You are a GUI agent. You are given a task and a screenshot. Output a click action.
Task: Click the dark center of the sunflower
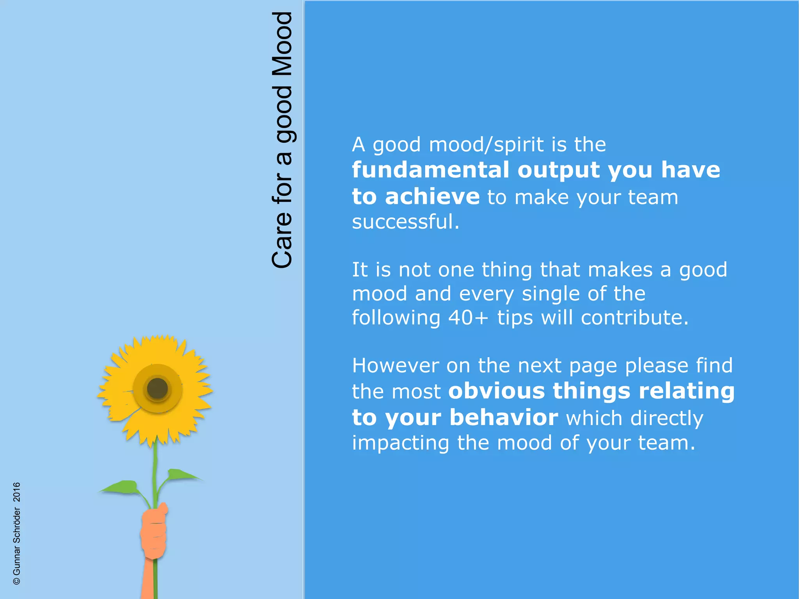pos(157,388)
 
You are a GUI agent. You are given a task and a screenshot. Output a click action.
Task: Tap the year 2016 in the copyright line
pos(17,492)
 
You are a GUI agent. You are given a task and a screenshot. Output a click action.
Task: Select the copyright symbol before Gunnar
pos(17,581)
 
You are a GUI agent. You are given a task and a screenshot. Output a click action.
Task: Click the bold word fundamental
pos(430,170)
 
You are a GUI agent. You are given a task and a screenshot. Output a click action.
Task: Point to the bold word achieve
pos(432,196)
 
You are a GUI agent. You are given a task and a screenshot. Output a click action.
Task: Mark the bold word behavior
pos(504,417)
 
